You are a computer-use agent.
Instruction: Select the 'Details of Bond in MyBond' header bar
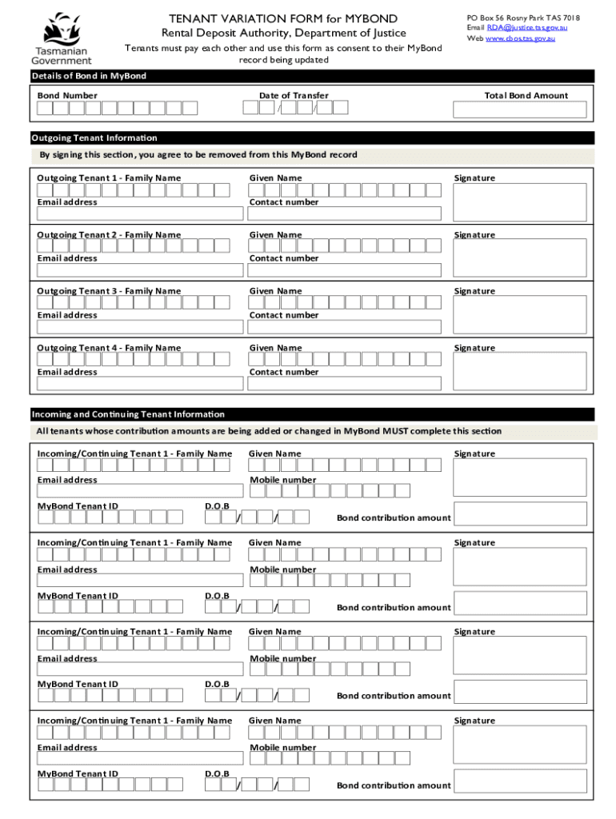tap(312, 76)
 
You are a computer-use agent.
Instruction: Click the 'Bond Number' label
tap(67, 95)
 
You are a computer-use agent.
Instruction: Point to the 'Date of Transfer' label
tap(294, 95)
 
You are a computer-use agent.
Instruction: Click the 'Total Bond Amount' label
tap(526, 95)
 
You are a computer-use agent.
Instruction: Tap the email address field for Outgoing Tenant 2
tap(140, 270)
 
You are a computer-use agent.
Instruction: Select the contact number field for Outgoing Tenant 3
tap(344, 327)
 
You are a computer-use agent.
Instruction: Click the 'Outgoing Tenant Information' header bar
tap(312, 138)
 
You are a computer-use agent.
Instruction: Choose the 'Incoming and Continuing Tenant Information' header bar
tap(312, 414)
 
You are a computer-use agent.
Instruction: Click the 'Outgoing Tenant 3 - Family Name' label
tap(109, 291)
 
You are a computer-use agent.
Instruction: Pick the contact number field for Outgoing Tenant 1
tap(344, 214)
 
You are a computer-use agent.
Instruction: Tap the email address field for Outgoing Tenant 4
tap(140, 384)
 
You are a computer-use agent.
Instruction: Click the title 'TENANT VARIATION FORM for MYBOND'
tap(283, 18)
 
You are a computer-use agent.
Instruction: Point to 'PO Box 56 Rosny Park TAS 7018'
tap(523, 18)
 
